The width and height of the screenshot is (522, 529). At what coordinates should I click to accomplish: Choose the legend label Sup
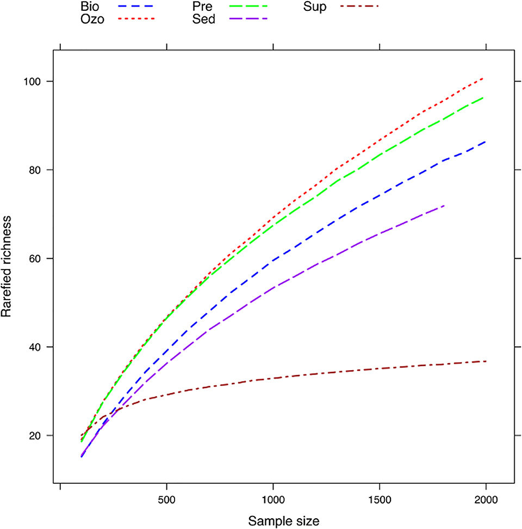pyautogui.click(x=315, y=8)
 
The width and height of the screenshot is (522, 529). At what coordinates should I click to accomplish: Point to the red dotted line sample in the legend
pyautogui.click(x=136, y=18)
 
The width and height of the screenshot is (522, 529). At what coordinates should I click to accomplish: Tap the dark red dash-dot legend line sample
pyautogui.click(x=359, y=6)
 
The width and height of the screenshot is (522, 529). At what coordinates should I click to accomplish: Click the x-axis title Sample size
pyautogui.click(x=284, y=520)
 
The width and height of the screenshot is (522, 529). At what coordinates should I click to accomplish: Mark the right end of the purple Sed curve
pyautogui.click(x=445, y=206)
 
